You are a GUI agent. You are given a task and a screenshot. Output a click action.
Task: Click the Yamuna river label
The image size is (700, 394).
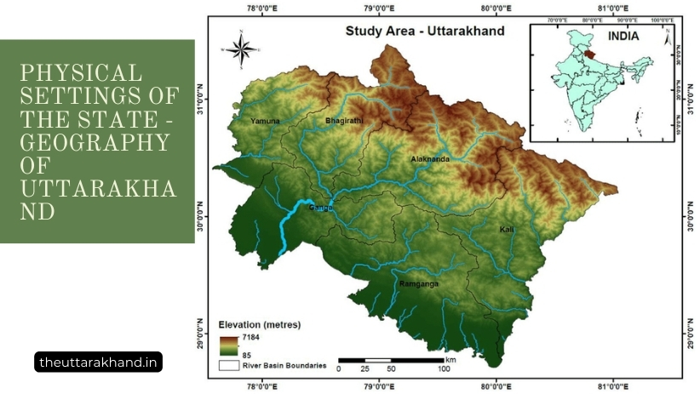[265, 123]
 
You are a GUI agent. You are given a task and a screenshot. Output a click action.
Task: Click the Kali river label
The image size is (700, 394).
[507, 230]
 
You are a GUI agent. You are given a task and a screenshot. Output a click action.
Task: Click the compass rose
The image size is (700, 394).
[241, 49]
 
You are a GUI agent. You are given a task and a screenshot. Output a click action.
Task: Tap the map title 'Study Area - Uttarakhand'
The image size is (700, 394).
[424, 31]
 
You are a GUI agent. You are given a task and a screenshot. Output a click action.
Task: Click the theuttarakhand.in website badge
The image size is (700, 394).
[99, 362]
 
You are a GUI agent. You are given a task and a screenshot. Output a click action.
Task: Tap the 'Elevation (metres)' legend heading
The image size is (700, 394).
[260, 325]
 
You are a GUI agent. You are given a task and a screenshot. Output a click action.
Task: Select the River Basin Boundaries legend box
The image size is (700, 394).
[228, 366]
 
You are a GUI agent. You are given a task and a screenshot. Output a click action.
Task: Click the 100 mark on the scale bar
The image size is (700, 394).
[444, 368]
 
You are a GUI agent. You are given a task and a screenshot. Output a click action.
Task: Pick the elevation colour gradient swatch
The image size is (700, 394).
[228, 345]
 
